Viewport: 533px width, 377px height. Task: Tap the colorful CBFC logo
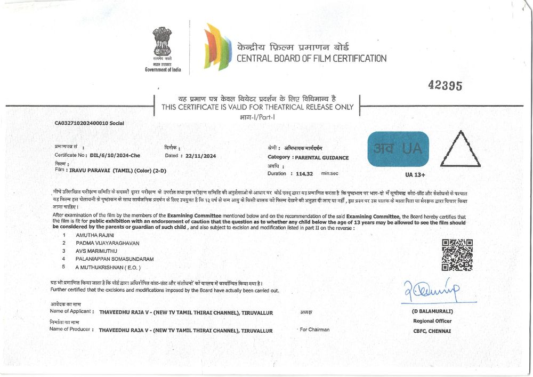pos(217,47)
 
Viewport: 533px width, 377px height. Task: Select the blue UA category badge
pos(398,149)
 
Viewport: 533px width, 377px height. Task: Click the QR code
pos(457,254)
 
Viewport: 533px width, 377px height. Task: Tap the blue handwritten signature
pos(432,291)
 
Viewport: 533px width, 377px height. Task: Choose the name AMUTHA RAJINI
pos(95,235)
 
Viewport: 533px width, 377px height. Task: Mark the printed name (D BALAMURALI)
pos(432,311)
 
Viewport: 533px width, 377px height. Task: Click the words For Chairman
pos(314,330)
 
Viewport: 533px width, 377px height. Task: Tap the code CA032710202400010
pos(81,123)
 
